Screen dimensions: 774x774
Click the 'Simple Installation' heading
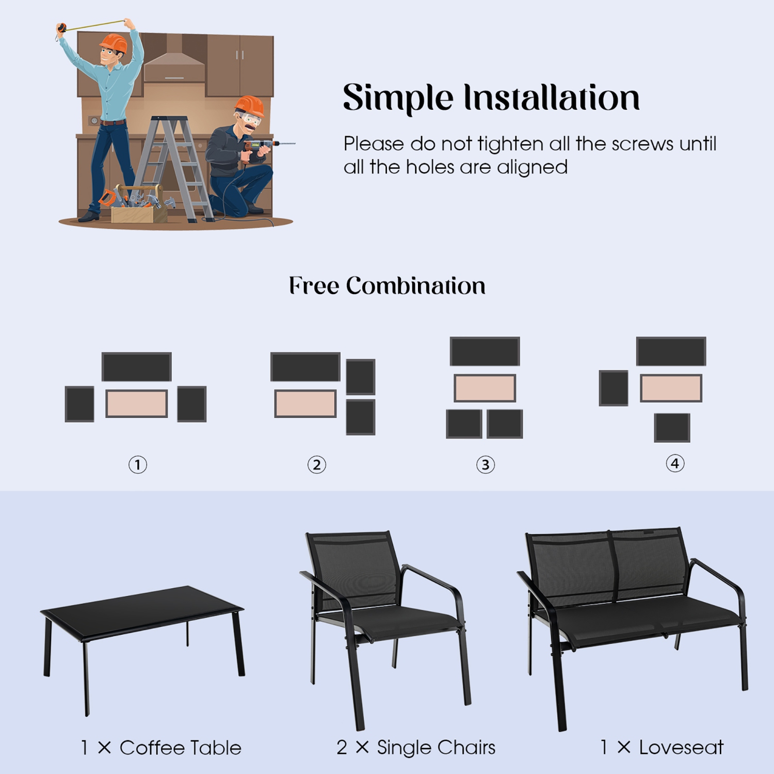coord(491,98)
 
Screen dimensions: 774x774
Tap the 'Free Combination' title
coord(387,286)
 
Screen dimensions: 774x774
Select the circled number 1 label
coord(138,464)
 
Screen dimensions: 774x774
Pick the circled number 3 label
coord(485,464)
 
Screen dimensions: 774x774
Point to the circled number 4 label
coord(675,463)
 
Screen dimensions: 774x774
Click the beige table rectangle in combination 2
coord(305,404)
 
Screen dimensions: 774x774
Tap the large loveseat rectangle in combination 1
coord(136,367)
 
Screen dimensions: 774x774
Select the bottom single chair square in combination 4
coord(672,427)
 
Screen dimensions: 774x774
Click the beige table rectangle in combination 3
coord(485,388)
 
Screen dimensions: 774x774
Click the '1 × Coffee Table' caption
coord(161,748)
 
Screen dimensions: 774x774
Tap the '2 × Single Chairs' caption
coord(416,747)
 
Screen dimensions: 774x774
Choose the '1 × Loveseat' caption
coord(662,747)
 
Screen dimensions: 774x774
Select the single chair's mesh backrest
coord(356,568)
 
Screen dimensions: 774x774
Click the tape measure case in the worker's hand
coord(61,28)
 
